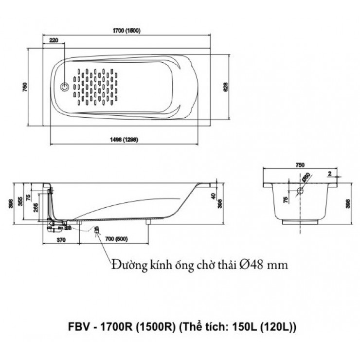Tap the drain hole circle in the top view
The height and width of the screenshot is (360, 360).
point(64,88)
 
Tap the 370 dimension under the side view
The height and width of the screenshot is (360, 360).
point(61,240)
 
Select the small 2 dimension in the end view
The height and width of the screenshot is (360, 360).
point(330,173)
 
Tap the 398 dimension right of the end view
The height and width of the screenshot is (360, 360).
point(347,203)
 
